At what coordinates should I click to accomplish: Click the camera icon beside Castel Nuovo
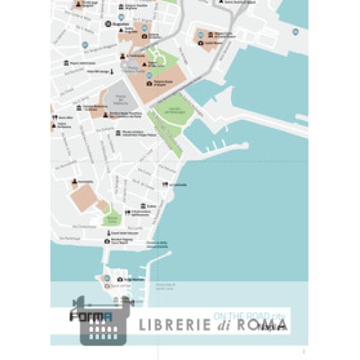pos(200,43)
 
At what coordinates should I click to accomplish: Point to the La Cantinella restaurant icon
pos(165,185)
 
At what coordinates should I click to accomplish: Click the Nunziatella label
pos(85,181)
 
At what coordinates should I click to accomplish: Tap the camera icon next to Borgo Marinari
pos(120,280)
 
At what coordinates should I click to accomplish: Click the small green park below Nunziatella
pos(110,218)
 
